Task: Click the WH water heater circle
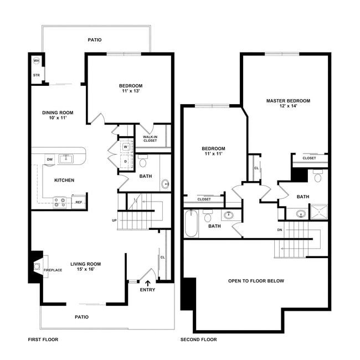[x=36, y=60]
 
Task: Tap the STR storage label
[x=36, y=75]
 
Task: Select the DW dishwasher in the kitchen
[x=50, y=160]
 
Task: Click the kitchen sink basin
[x=66, y=158]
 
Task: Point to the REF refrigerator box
[x=79, y=202]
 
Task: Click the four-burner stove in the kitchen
[x=60, y=203]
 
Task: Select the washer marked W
[x=126, y=147]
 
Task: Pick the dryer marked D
[x=126, y=161]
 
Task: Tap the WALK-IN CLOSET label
[x=150, y=138]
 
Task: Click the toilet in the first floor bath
[x=143, y=161]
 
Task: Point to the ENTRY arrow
[x=148, y=283]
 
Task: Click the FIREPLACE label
[x=53, y=270]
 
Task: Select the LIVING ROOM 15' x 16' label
[x=86, y=266]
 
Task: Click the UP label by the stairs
[x=114, y=220]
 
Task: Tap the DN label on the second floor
[x=280, y=230]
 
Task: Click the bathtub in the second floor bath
[x=191, y=223]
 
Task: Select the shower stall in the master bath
[x=319, y=212]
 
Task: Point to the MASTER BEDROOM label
[x=288, y=101]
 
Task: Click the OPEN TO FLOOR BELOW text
[x=256, y=281]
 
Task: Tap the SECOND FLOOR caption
[x=199, y=340]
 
